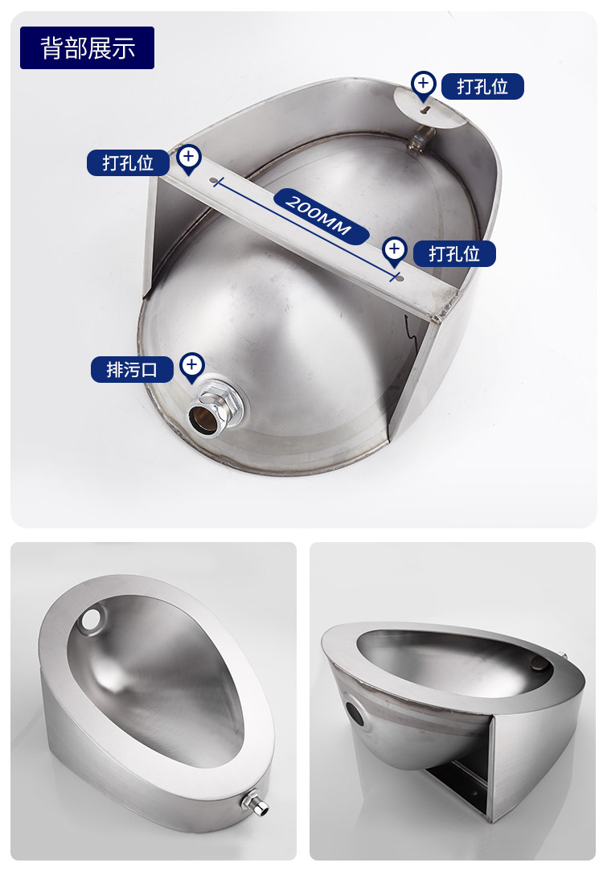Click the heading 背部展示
click(88, 48)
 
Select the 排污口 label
click(132, 369)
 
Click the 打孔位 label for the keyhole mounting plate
click(482, 87)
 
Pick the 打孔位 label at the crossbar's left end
click(128, 163)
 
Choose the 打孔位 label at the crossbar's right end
click(454, 254)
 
